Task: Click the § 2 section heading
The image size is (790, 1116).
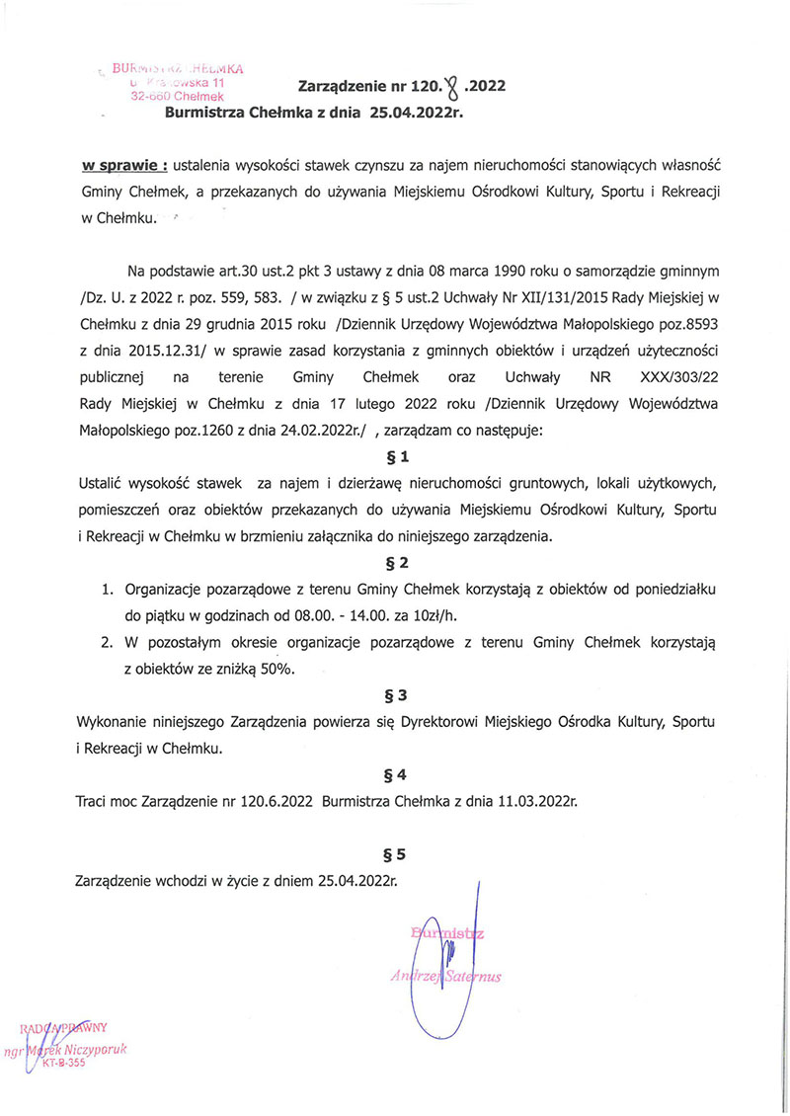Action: point(395,563)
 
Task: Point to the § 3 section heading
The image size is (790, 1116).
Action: point(395,695)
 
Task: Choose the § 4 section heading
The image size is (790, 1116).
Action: point(395,775)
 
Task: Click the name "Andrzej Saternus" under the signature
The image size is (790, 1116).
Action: point(446,976)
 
